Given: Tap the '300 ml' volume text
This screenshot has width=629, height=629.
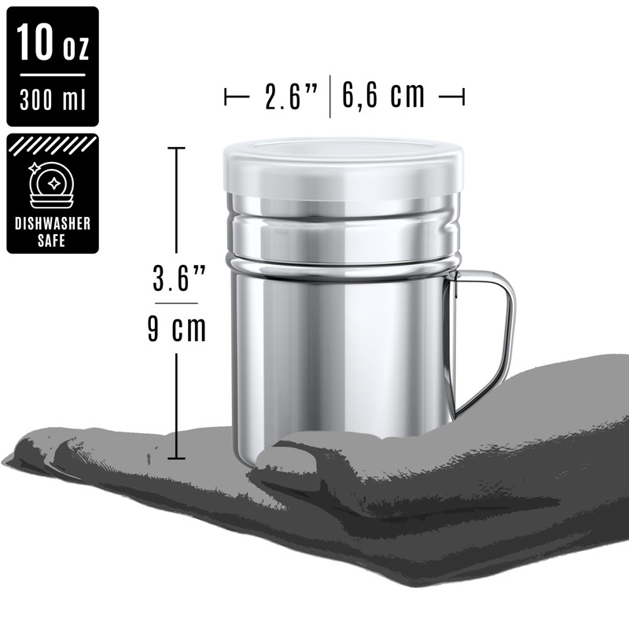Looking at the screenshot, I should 52,101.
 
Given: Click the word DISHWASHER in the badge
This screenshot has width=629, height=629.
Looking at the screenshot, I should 53,224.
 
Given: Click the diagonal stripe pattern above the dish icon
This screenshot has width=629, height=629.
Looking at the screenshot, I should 52,145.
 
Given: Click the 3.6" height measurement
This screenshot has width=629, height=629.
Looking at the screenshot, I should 178,278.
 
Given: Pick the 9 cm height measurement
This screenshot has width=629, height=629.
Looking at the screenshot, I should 176,329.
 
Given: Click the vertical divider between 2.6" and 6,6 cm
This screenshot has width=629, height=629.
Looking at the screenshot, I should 329,96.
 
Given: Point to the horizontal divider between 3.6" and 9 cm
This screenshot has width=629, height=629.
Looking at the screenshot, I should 176,303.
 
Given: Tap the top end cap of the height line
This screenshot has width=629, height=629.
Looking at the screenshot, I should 176,148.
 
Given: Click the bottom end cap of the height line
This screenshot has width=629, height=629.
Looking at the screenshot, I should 176,458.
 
